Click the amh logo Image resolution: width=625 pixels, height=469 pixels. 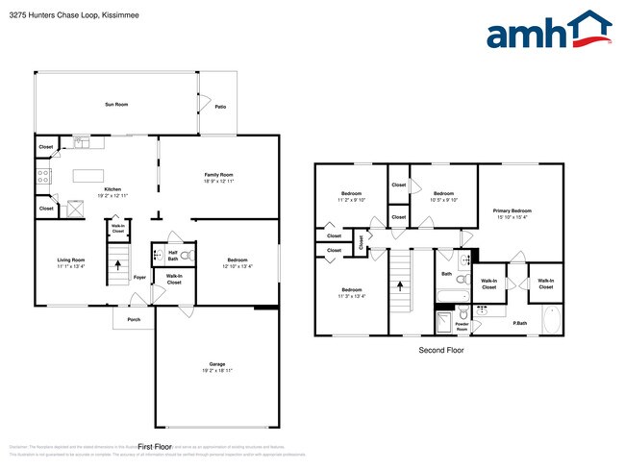click(549, 31)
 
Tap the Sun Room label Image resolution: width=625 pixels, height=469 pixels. click(116, 104)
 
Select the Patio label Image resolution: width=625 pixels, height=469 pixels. click(220, 107)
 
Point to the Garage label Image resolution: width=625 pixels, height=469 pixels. click(217, 363)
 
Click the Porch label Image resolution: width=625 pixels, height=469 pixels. click(134, 320)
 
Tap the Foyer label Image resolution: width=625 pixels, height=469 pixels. click(139, 278)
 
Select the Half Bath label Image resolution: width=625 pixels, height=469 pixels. click(173, 256)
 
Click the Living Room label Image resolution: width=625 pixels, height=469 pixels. click(71, 259)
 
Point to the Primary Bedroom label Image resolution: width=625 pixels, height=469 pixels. click(512, 210)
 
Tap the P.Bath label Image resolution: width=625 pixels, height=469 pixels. click(518, 323)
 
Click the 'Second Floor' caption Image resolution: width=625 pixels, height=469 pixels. click(442, 351)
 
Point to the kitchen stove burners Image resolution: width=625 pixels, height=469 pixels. click(43, 176)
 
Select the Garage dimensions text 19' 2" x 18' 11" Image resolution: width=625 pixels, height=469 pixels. click(217, 370)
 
